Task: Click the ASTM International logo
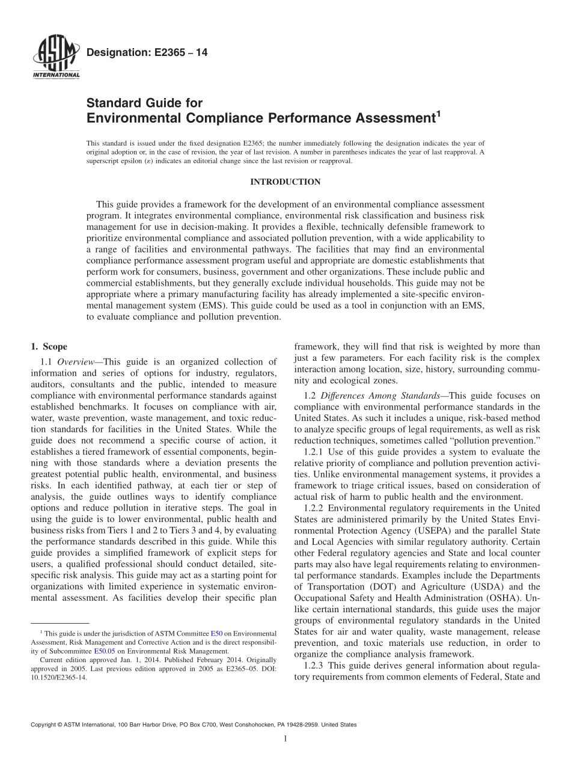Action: [x=55, y=58]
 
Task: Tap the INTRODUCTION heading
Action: [x=285, y=182]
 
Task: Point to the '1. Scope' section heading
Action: [x=49, y=346]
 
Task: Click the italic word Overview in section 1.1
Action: [x=76, y=361]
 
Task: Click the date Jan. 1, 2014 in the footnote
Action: [x=112, y=659]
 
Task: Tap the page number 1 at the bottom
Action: [x=285, y=739]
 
